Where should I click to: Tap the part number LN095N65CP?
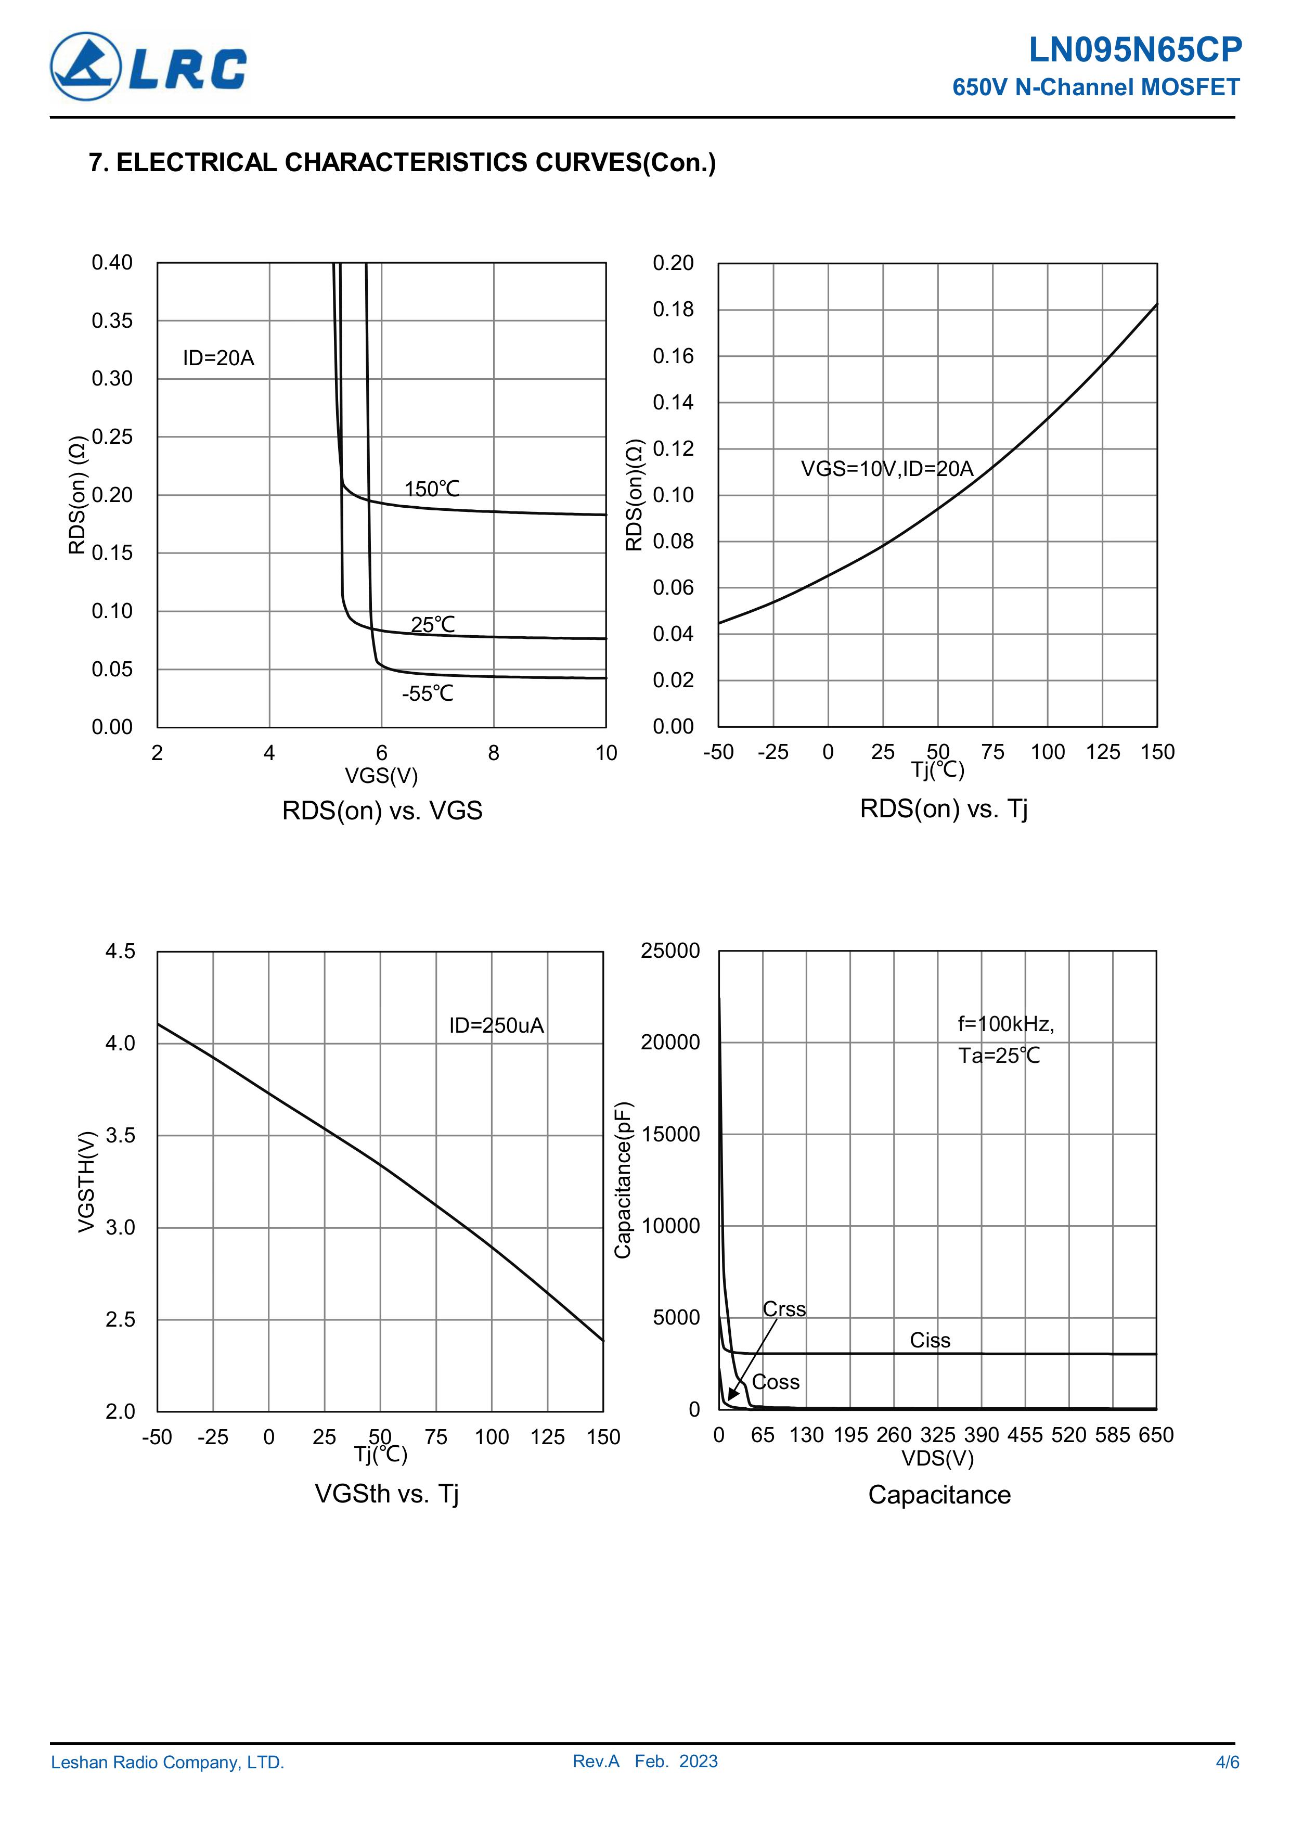pyautogui.click(x=1134, y=50)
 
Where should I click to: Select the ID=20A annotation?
pyautogui.click(x=218, y=358)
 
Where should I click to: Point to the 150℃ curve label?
pyautogui.click(x=432, y=489)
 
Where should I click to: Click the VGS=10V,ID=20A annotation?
pyautogui.click(x=886, y=469)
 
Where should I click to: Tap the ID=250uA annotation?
pyautogui.click(x=496, y=1025)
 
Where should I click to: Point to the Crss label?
pyautogui.click(x=784, y=1309)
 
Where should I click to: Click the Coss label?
pyautogui.click(x=776, y=1382)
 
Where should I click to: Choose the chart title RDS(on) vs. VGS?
pyautogui.click(x=382, y=811)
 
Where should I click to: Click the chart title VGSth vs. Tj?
pyautogui.click(x=386, y=1494)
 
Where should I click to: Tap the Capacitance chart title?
pyautogui.click(x=939, y=1494)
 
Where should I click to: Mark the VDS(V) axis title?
pyautogui.click(x=937, y=1458)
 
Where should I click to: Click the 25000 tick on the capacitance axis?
pyautogui.click(x=670, y=950)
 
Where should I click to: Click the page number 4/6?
pyautogui.click(x=1227, y=1762)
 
